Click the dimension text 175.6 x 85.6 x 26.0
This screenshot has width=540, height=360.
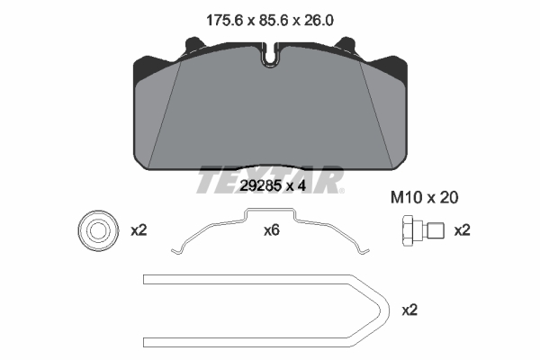270,21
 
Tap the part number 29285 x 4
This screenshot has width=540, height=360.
273,186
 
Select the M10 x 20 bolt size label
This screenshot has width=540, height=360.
424,198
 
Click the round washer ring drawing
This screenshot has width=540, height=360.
98,230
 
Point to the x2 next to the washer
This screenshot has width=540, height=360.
139,230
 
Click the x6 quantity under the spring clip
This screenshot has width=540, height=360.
272,230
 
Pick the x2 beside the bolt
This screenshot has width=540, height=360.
463,230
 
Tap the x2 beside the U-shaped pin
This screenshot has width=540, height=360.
409,310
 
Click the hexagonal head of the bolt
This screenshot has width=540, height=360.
408,230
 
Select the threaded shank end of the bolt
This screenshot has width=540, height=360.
436,230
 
